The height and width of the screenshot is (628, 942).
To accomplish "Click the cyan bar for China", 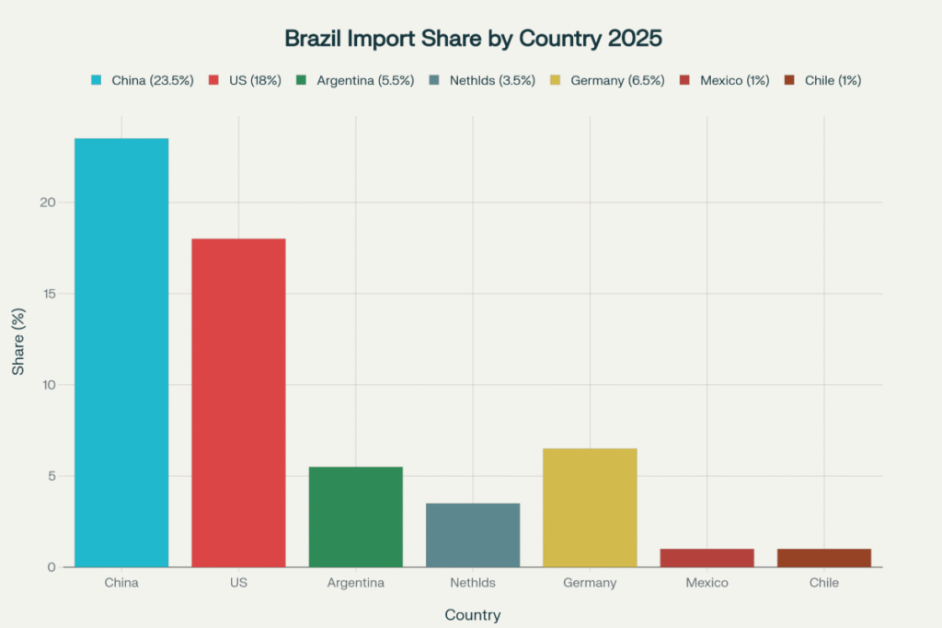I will coord(121,353).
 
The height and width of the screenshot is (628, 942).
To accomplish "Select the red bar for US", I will coord(238,402).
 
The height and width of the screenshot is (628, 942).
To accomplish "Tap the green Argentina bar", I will coord(355,517).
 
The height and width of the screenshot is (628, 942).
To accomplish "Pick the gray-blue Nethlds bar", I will coord(473,535).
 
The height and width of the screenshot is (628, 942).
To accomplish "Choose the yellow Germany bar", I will coord(590,507).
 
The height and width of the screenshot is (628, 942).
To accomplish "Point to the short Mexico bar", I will coord(706,557).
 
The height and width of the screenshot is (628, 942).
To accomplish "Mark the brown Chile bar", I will coord(824,557).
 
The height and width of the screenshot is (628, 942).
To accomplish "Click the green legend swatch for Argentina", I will coord(302,80).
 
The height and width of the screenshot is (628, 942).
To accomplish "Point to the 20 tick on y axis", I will coord(49,203).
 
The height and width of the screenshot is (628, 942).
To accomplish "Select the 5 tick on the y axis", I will coord(52,476).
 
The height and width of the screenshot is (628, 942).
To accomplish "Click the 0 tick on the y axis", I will coord(52,567).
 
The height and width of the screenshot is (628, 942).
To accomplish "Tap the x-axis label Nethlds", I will coord(473,583).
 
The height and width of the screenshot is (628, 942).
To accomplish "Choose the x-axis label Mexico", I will coord(706,583).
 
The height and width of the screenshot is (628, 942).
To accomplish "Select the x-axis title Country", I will coord(472,614).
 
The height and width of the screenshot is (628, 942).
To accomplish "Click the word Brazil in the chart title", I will coord(316,39).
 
